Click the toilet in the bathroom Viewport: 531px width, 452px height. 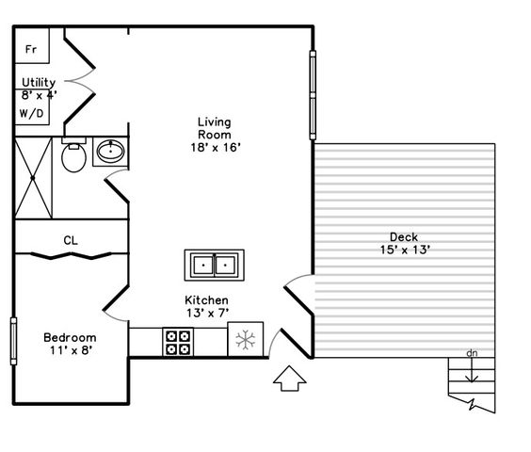click(x=73, y=154)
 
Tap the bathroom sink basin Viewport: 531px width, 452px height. click(x=111, y=151)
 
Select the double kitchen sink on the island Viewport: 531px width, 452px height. click(x=215, y=266)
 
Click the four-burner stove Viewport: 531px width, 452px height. click(x=178, y=342)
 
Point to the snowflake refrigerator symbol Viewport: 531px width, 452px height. click(x=246, y=340)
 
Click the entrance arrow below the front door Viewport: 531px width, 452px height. click(x=290, y=379)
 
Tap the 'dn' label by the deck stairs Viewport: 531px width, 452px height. click(x=472, y=353)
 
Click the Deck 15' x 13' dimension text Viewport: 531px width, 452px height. click(x=405, y=250)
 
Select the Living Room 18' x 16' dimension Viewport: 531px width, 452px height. click(x=216, y=148)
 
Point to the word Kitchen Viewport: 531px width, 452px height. click(x=206, y=300)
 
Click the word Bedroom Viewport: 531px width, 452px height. click(x=70, y=337)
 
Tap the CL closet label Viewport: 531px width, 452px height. click(x=71, y=240)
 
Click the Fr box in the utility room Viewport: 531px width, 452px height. click(x=33, y=45)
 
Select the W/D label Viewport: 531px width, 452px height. click(x=32, y=113)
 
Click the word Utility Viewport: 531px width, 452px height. click(x=39, y=82)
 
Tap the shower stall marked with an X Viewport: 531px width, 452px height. click(x=33, y=178)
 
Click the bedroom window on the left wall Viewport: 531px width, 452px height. click(x=13, y=341)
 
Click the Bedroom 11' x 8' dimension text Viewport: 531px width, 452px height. click(x=72, y=350)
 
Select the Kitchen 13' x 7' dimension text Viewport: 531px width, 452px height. click(x=207, y=313)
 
